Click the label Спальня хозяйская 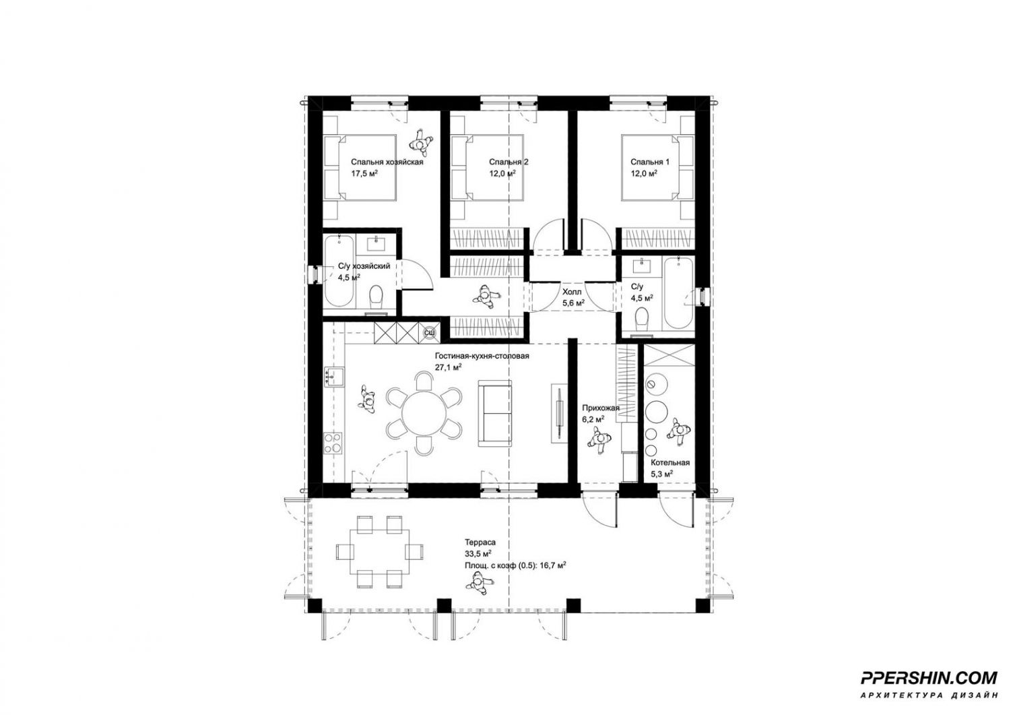click(x=387, y=162)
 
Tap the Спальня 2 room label click(x=509, y=162)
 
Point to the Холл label click(x=572, y=292)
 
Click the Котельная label click(x=669, y=462)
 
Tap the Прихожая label click(x=601, y=408)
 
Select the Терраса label click(x=480, y=542)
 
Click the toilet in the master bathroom click(x=376, y=299)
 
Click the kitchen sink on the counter click(x=334, y=376)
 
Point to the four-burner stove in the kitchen click(x=333, y=443)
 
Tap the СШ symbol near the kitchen click(x=429, y=334)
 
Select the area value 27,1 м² click(x=449, y=367)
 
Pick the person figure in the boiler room click(x=678, y=432)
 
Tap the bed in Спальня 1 click(x=657, y=166)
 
